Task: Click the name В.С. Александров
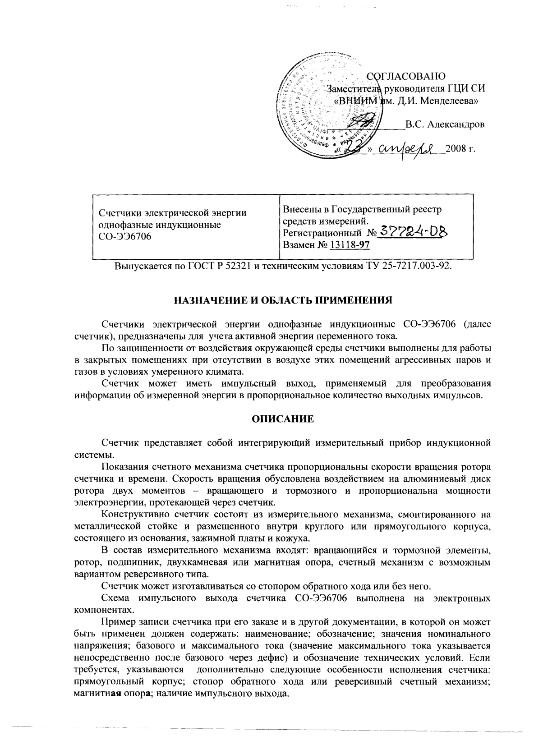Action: [x=445, y=124]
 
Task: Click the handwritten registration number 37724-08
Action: [x=414, y=231]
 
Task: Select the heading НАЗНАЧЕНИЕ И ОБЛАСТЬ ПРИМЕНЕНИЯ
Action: [x=283, y=300]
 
